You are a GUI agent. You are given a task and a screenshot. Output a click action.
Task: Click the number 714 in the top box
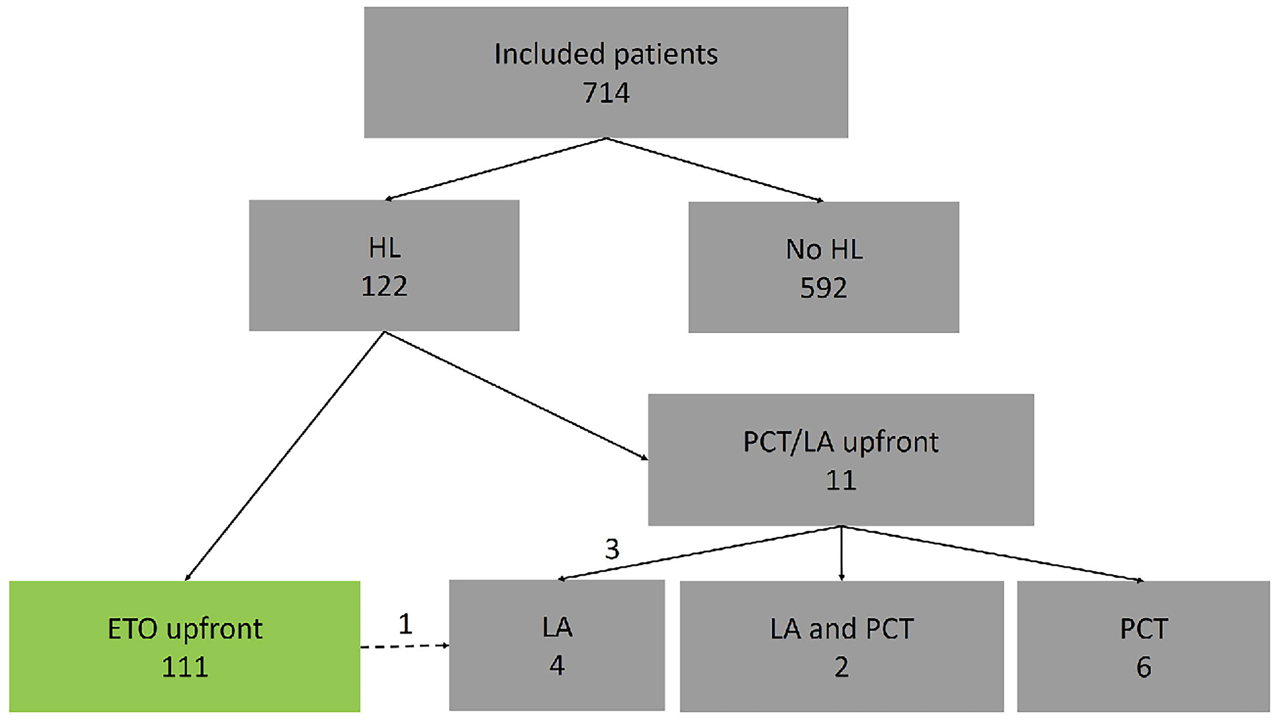[x=606, y=93]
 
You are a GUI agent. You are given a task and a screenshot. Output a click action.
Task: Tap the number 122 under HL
[x=384, y=286]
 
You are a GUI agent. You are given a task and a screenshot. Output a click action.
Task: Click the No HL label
[x=824, y=249]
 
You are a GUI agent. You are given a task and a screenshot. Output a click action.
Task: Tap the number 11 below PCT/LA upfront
[x=841, y=480]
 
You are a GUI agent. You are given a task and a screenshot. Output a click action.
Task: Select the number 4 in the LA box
[x=557, y=666]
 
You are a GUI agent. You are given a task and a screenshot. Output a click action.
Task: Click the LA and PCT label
[x=841, y=629]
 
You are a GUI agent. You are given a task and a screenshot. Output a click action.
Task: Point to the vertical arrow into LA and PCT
[x=841, y=553]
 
